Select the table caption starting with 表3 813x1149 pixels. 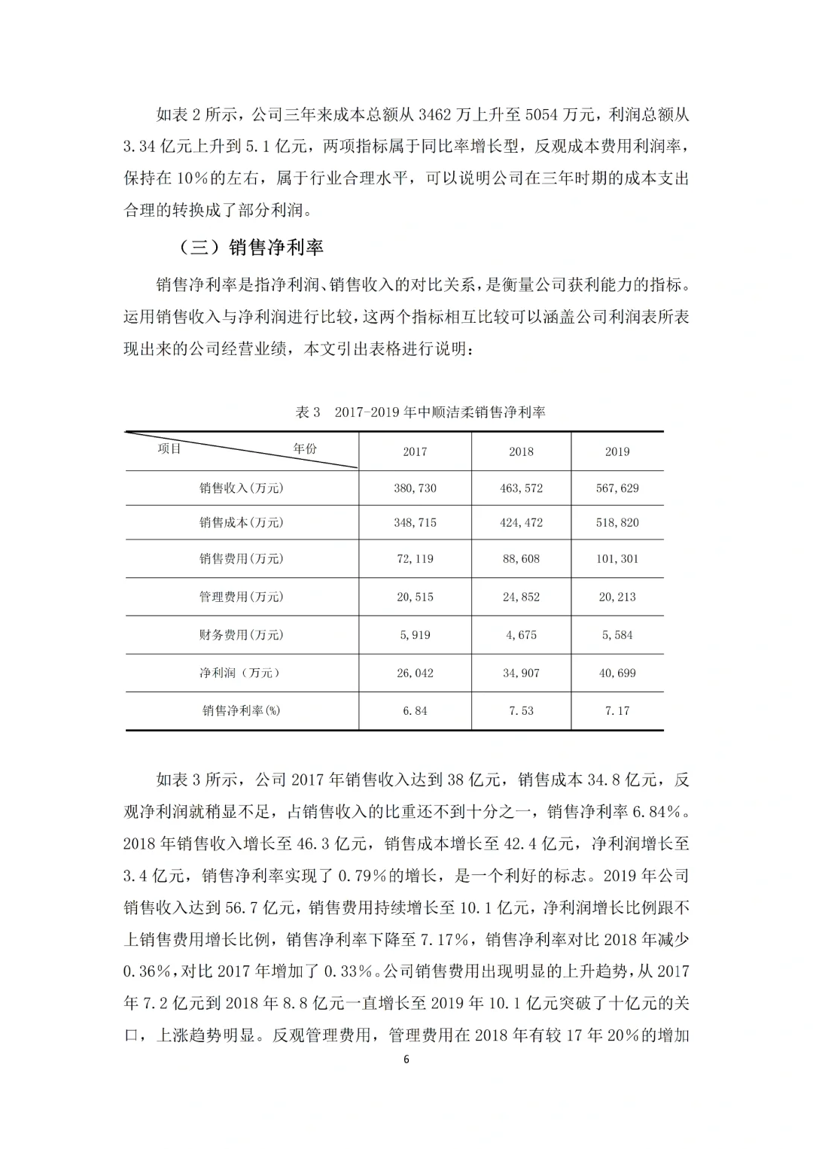pos(421,412)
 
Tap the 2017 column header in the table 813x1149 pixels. pos(415,451)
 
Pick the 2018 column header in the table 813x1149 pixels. pos(521,451)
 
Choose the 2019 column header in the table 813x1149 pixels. pos(617,451)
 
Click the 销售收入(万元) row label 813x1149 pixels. pos(242,488)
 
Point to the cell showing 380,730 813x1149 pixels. pos(415,488)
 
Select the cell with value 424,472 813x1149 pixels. pos(521,522)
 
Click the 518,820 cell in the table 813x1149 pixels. pos(617,522)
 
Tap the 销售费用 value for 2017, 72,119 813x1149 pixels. pos(415,559)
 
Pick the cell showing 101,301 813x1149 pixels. pos(617,559)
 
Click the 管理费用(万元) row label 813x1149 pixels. pos(242,597)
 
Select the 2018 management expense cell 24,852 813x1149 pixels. pos(521,597)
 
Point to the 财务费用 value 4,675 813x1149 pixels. pos(521,635)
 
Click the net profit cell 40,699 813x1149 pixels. pos(617,673)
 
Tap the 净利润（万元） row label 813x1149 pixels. pos(242,673)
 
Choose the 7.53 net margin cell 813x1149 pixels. pos(521,710)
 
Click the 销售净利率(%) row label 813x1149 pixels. pos(242,710)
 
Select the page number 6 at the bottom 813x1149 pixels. pos(406,1059)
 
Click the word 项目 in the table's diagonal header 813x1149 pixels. pos(169,448)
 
